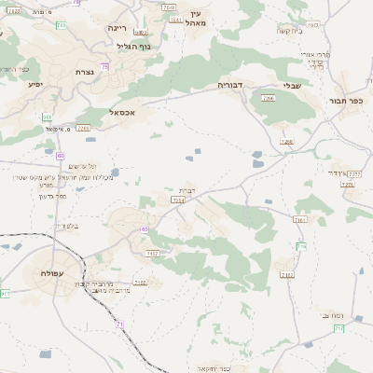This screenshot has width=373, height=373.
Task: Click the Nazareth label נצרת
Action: click(x=84, y=72)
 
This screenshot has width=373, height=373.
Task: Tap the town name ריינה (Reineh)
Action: click(x=117, y=28)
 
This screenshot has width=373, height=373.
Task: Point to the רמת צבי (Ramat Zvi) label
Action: click(x=332, y=315)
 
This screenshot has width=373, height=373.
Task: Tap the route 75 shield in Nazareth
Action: click(x=104, y=67)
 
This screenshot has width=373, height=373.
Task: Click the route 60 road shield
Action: click(x=60, y=156)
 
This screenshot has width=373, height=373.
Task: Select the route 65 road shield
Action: click(x=144, y=228)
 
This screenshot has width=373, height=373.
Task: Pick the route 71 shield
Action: click(x=118, y=324)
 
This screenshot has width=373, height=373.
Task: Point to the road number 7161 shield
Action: click(x=299, y=220)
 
